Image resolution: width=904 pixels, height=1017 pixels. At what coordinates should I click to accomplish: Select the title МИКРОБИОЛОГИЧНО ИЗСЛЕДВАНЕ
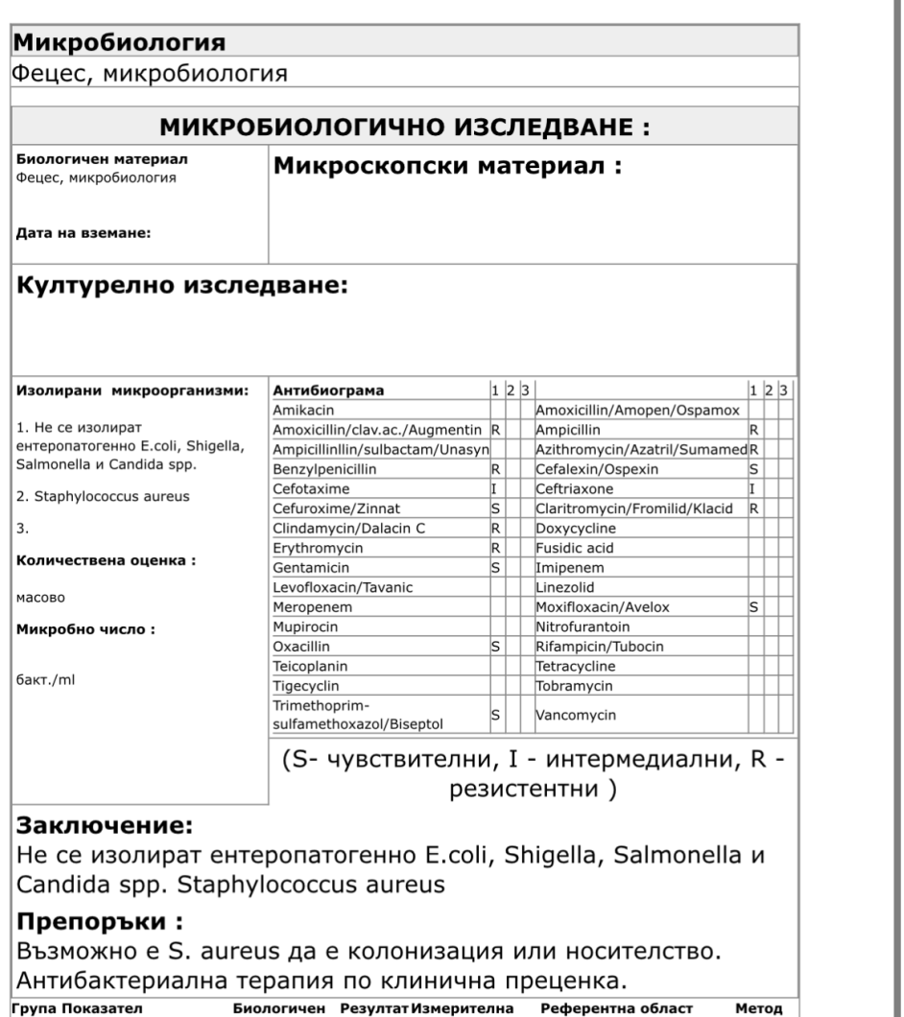click(404, 128)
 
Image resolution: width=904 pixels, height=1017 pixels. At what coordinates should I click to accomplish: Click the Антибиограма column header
click(327, 391)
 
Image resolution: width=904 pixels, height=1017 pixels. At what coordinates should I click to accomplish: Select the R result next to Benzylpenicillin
click(495, 470)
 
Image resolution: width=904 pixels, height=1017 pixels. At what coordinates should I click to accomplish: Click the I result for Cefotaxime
click(494, 489)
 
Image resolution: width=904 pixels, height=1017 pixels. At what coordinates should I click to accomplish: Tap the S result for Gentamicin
click(495, 568)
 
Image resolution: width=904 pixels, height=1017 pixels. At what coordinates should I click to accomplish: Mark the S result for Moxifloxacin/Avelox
click(754, 606)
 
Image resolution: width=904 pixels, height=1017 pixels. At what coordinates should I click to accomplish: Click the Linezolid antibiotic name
click(565, 587)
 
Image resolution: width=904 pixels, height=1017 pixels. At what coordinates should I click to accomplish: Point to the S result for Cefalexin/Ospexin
click(754, 470)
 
